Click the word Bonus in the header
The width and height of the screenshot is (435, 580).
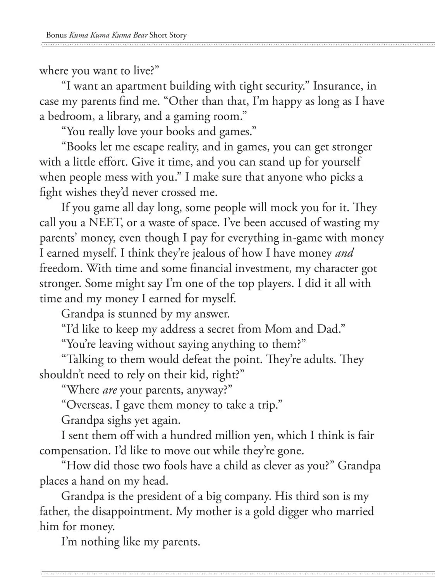click(56, 35)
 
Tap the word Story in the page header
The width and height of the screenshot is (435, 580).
click(177, 35)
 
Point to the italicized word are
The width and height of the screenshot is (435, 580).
click(110, 389)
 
